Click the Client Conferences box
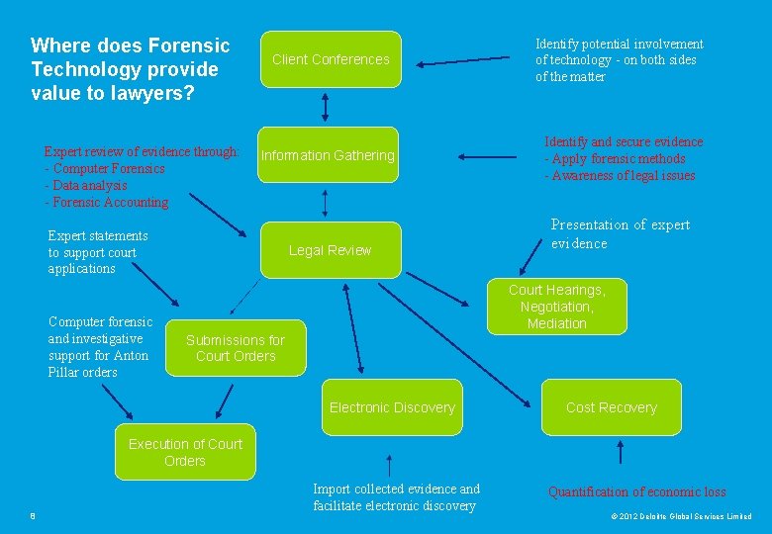pyautogui.click(x=330, y=59)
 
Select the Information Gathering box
pyautogui.click(x=328, y=155)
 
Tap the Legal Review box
pyautogui.click(x=330, y=250)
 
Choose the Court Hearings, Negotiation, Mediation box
pyautogui.click(x=556, y=307)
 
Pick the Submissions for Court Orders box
pyautogui.click(x=236, y=348)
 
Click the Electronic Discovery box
pyautogui.click(x=392, y=407)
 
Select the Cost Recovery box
pyautogui.click(x=611, y=407)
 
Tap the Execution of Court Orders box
pyautogui.click(x=185, y=453)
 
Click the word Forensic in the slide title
pyautogui.click(x=188, y=46)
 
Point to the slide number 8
pyautogui.click(x=33, y=516)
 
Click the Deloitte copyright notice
pyautogui.click(x=681, y=516)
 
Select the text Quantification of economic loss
pyautogui.click(x=636, y=491)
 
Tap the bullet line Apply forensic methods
pyautogui.click(x=614, y=159)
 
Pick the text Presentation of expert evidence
pyautogui.click(x=620, y=234)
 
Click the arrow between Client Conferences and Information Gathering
pyautogui.click(x=326, y=106)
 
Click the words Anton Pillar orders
pyautogui.click(x=98, y=364)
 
